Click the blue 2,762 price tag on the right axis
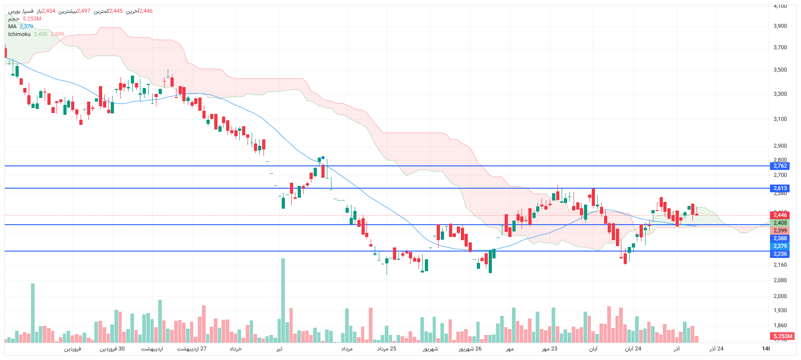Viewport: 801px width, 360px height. tap(780, 166)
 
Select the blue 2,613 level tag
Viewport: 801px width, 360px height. tap(780, 188)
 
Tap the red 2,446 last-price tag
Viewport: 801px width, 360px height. tap(780, 215)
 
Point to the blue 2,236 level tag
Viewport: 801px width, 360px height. tap(780, 254)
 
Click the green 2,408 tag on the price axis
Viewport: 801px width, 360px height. tap(780, 223)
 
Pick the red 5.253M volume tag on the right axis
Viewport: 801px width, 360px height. tap(783, 336)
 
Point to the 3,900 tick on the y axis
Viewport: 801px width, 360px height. tap(780, 26)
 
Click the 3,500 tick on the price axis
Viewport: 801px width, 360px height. tap(780, 70)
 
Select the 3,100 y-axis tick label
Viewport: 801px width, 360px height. tap(780, 119)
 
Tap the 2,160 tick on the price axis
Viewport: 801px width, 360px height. tap(780, 265)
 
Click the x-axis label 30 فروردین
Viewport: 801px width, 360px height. tap(112, 349)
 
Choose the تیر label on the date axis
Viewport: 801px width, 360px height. tap(279, 349)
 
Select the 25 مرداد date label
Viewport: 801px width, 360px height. tap(387, 349)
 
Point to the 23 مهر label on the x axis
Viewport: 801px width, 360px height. tap(549, 349)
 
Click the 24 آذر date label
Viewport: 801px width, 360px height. tap(716, 349)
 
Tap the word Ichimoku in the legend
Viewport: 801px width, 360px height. tap(19, 34)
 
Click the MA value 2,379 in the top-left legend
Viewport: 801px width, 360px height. tap(26, 26)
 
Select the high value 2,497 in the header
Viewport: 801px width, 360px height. tap(83, 11)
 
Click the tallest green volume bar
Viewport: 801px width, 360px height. tap(283, 301)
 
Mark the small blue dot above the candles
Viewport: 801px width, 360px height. tap(323, 158)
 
